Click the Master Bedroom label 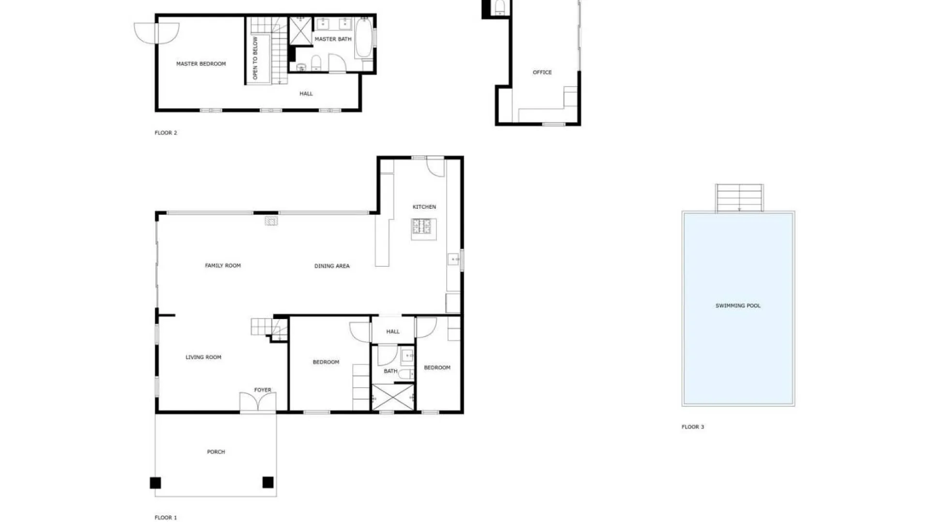click(201, 64)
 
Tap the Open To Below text click(255, 58)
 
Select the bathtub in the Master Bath click(363, 38)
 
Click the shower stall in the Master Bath click(300, 31)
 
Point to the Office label click(542, 72)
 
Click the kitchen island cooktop click(421, 226)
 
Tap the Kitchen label click(424, 207)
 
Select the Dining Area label click(332, 266)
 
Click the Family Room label click(223, 265)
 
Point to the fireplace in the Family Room click(271, 221)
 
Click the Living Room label click(203, 357)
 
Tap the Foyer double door click(258, 402)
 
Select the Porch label click(216, 452)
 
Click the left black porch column click(155, 482)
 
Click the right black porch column click(268, 482)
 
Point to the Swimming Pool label click(738, 305)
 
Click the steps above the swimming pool click(739, 198)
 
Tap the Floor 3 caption click(693, 427)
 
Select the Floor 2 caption click(166, 133)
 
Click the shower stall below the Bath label click(393, 397)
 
